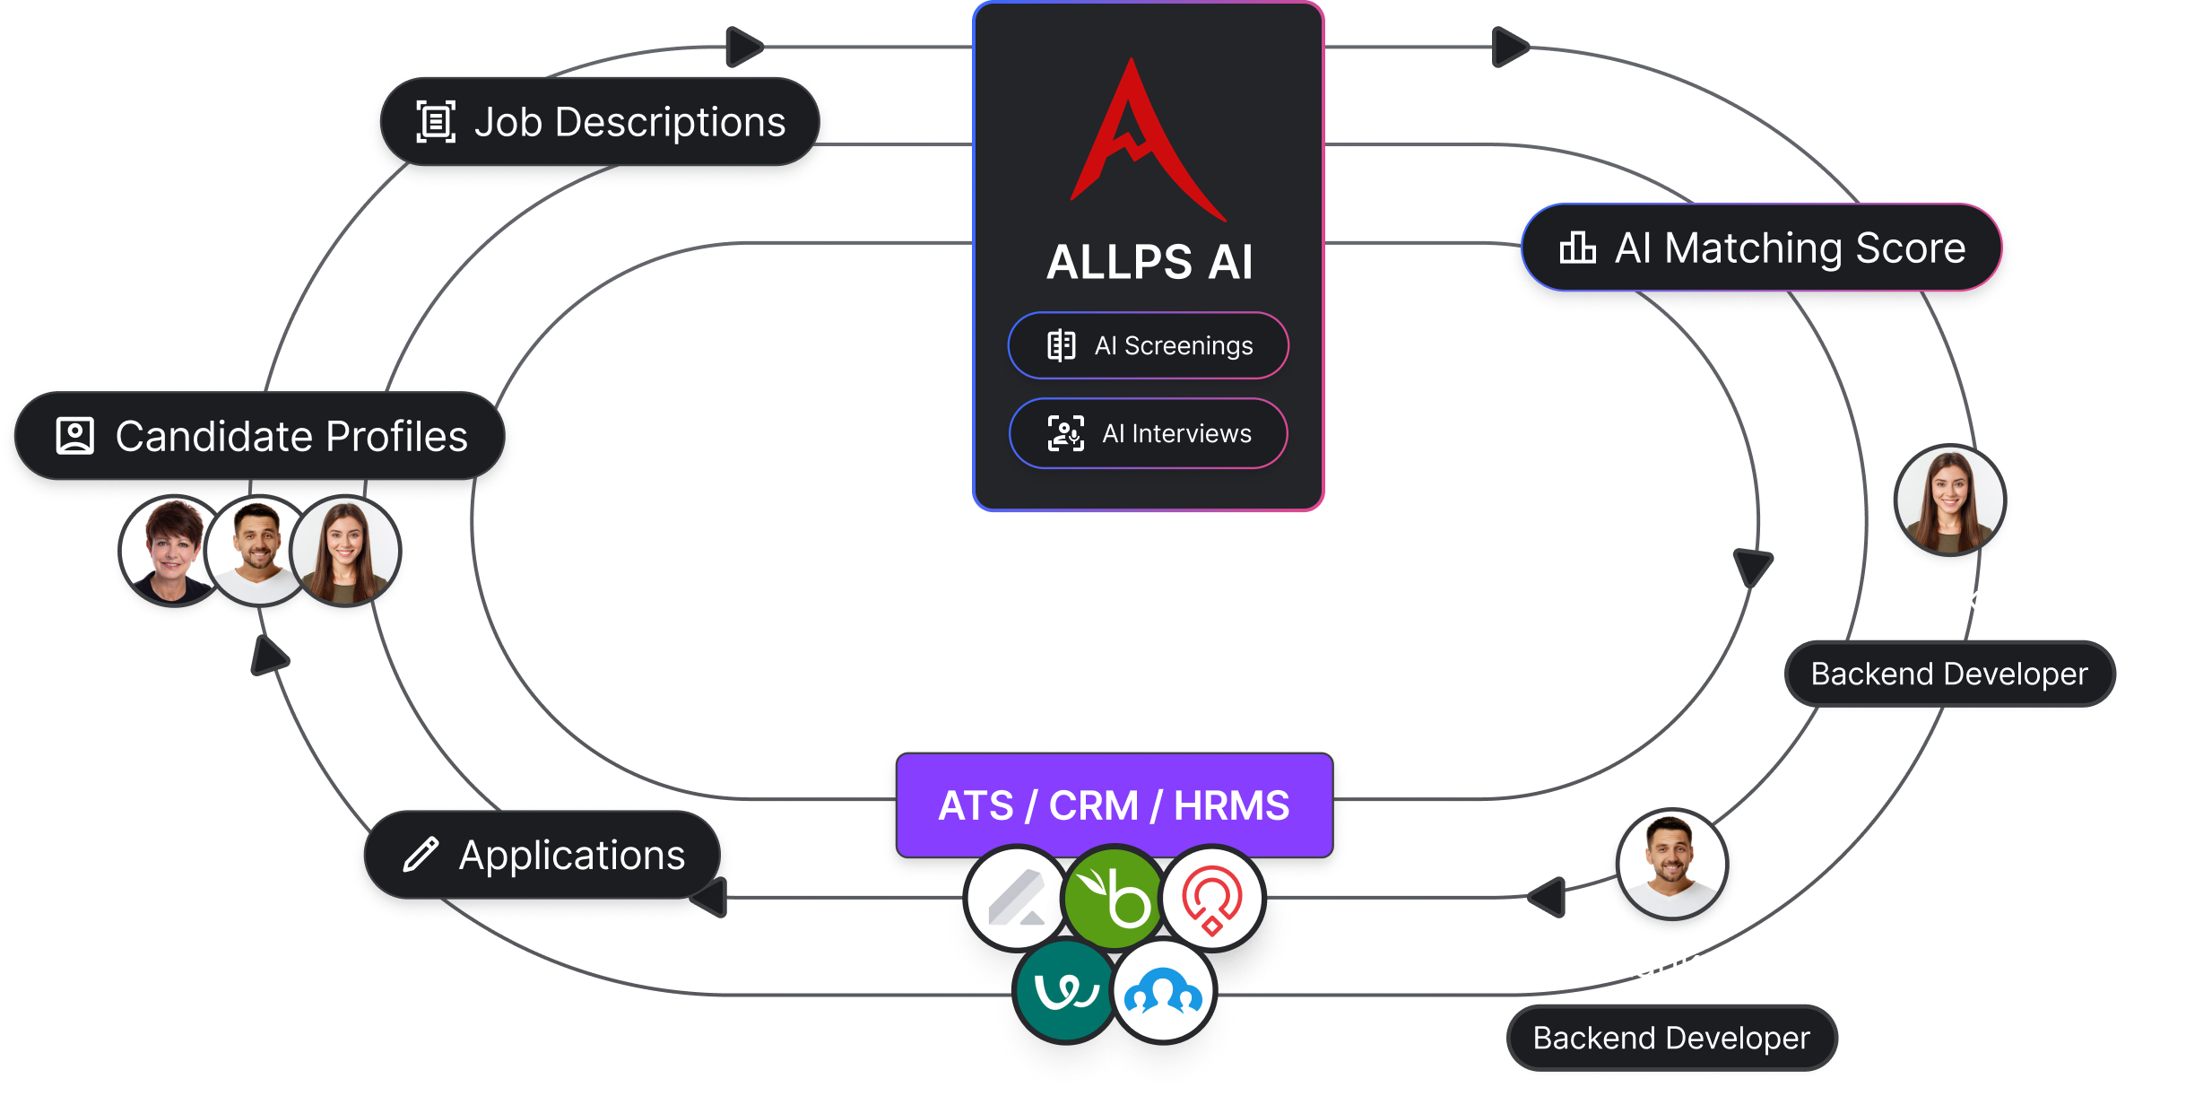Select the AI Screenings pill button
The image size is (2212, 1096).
click(x=1149, y=345)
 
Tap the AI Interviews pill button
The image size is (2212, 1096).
click(x=1149, y=434)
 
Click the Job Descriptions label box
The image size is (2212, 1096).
click(x=600, y=122)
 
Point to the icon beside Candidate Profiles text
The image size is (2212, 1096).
click(x=75, y=437)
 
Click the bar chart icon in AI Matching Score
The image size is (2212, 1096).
click(x=1577, y=248)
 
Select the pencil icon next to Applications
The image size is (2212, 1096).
click(x=421, y=855)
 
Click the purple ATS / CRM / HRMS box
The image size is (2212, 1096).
click(x=1114, y=805)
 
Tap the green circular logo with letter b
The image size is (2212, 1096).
click(x=1114, y=898)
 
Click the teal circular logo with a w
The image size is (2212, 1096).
click(x=1065, y=991)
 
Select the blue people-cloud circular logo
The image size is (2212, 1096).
click(x=1163, y=992)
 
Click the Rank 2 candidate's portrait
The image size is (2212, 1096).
click(x=1671, y=865)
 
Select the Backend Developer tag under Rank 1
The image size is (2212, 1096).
click(x=1949, y=674)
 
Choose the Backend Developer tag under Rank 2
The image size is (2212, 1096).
click(x=1671, y=1039)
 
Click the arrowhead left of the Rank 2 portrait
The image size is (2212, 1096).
click(x=1548, y=897)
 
